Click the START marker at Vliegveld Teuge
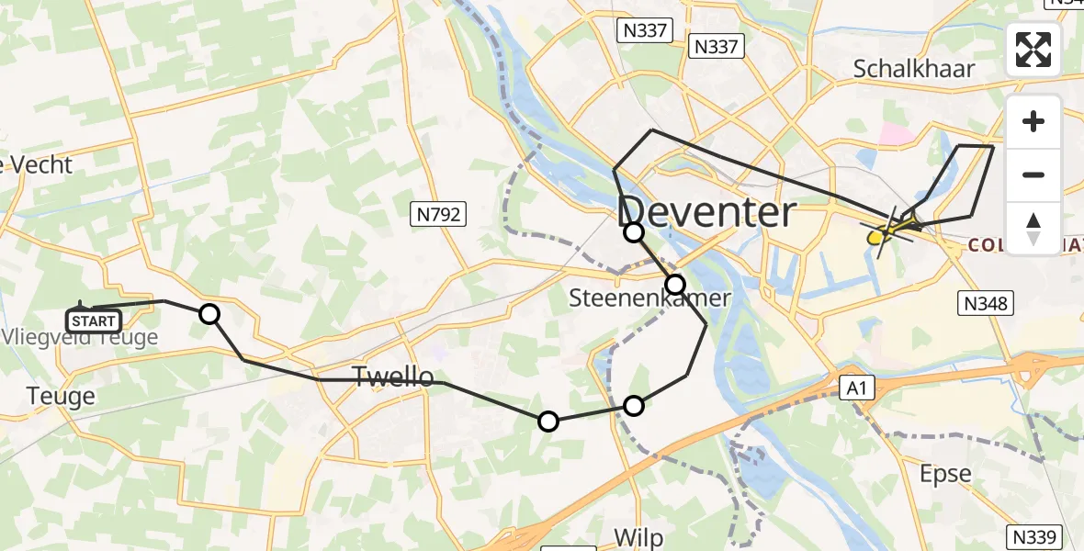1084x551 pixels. point(94,320)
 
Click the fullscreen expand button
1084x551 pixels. point(1033,50)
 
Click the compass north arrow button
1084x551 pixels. point(1033,229)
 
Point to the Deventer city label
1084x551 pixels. point(706,213)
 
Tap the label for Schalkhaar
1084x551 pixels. point(914,68)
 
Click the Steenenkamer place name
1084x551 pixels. point(650,298)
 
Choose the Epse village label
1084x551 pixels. point(945,474)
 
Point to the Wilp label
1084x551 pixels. point(638,537)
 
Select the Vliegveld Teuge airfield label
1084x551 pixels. point(80,338)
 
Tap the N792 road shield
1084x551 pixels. point(438,215)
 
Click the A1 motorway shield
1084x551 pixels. point(856,389)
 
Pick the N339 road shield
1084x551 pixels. point(1035,536)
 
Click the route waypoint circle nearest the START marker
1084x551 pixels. point(209,314)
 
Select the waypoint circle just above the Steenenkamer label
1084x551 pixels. point(675,284)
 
